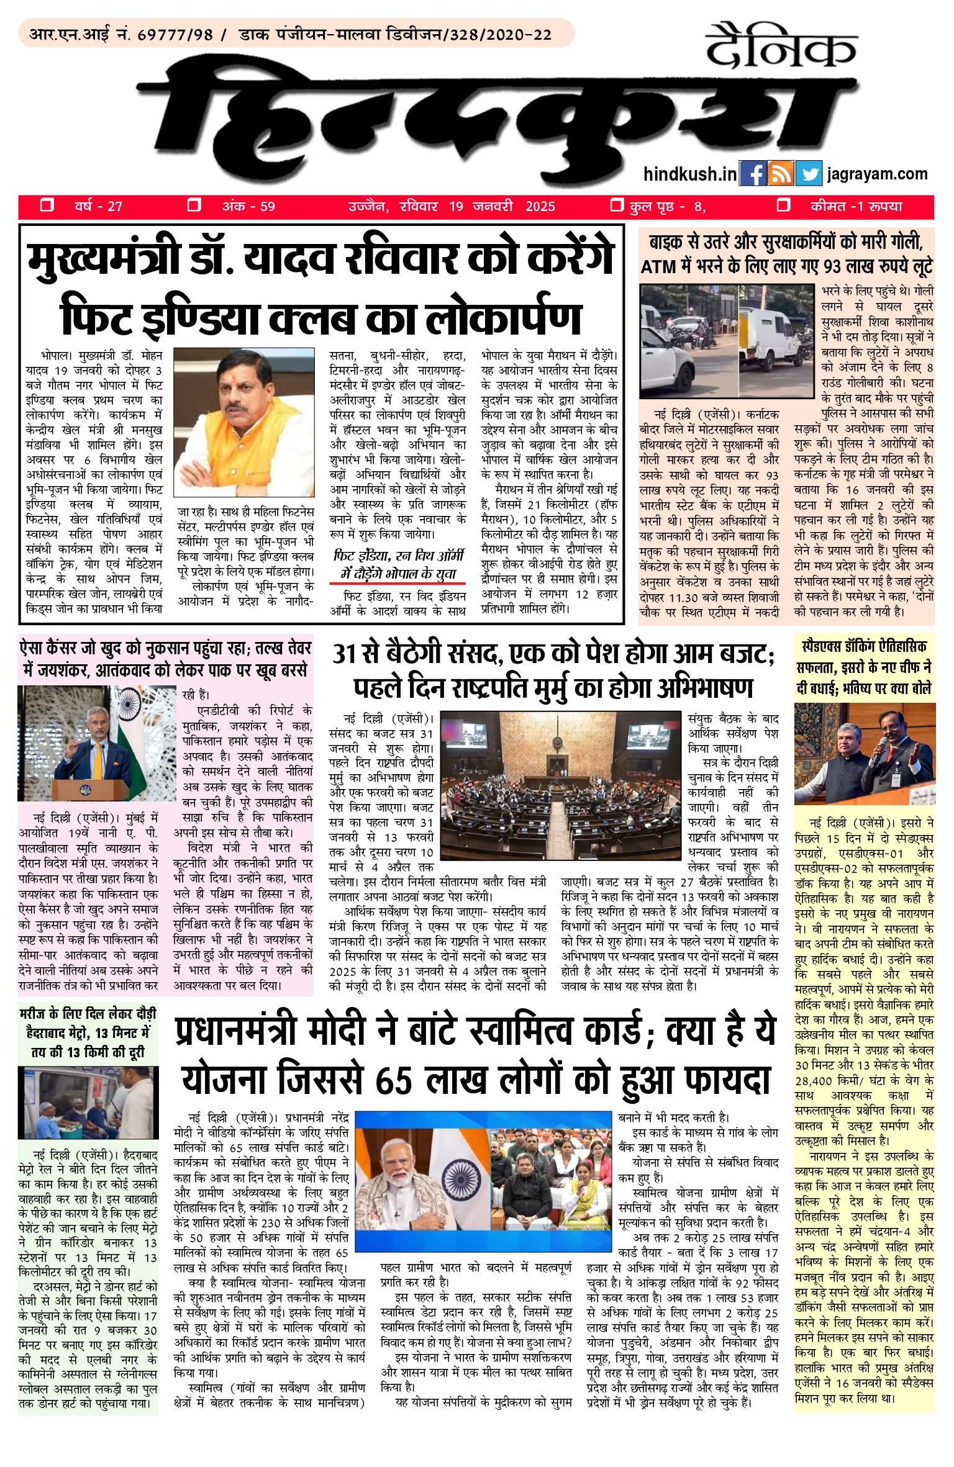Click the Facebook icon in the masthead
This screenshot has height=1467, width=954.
pyautogui.click(x=753, y=174)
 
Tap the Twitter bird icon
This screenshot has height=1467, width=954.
pyautogui.click(x=810, y=174)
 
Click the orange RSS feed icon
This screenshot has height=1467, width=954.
pyautogui.click(x=781, y=174)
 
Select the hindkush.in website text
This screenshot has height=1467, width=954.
pyautogui.click(x=689, y=174)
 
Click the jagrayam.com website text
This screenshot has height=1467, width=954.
pyautogui.click(x=877, y=174)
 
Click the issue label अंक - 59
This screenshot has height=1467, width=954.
pyautogui.click(x=248, y=207)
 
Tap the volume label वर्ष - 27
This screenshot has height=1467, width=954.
pyautogui.click(x=98, y=207)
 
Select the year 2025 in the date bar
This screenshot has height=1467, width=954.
pyautogui.click(x=540, y=207)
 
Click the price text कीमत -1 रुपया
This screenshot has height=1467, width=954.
pyautogui.click(x=856, y=207)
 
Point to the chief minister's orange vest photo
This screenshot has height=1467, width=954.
pyautogui.click(x=244, y=422)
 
